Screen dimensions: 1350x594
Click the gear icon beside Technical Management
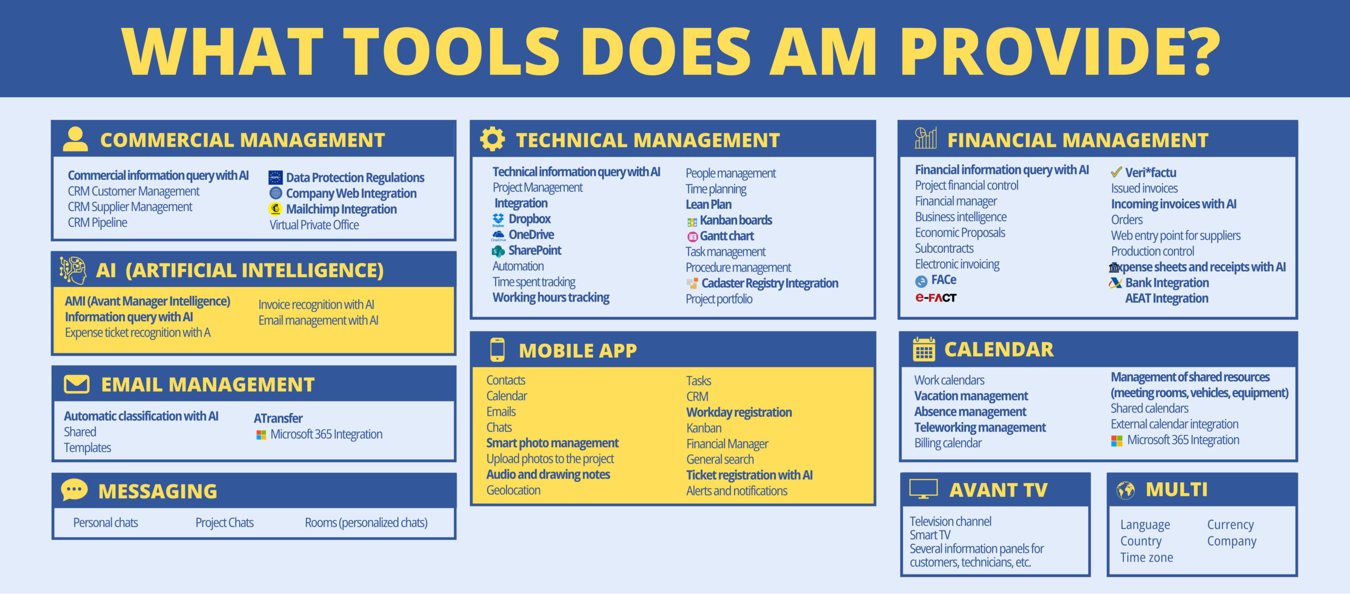point(492,139)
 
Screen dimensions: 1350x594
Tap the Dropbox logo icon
point(498,219)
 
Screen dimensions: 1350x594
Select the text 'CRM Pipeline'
point(98,223)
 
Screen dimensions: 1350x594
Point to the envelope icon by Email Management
point(76,384)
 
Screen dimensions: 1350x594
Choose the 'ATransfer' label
point(278,418)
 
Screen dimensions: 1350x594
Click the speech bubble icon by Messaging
point(74,490)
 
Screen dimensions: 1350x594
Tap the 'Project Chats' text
point(225,523)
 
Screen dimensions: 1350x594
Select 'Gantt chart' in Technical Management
point(727,236)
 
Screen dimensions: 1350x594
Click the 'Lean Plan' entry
point(708,205)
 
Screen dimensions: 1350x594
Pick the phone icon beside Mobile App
point(497,350)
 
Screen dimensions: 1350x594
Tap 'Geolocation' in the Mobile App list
point(513,491)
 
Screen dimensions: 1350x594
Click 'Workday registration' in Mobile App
point(739,413)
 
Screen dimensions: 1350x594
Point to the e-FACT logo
point(936,298)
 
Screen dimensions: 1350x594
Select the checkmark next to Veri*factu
point(1116,172)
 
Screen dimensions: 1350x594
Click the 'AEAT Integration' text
point(1166,299)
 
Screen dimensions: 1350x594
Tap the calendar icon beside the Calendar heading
point(924,349)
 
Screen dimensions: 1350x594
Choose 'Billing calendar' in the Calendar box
point(948,443)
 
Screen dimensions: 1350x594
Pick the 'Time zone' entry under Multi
point(1146,558)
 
